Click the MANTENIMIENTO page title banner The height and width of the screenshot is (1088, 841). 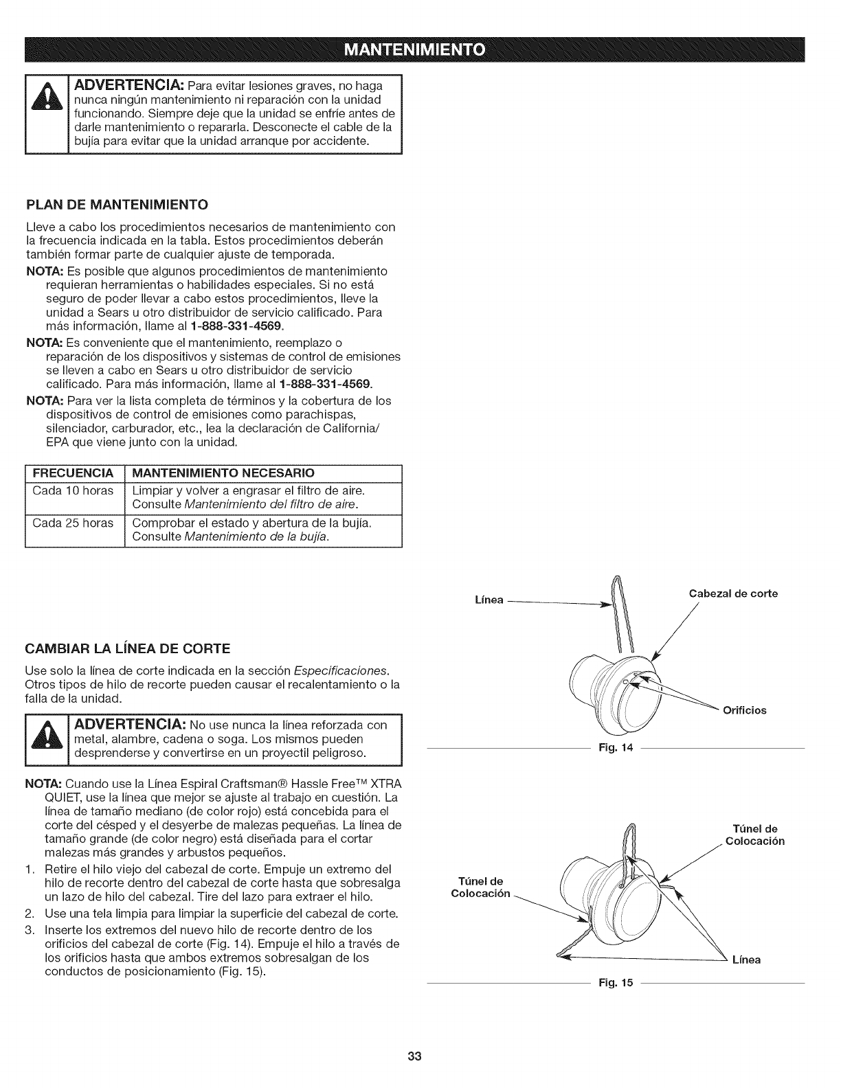coord(420,50)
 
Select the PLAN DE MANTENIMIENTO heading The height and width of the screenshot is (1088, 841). coord(117,205)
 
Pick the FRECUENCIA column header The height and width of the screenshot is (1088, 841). coord(73,473)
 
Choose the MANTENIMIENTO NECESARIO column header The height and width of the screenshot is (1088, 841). coord(223,473)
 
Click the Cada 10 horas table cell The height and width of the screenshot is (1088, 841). coord(73,490)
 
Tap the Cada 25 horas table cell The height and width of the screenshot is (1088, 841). coord(73,523)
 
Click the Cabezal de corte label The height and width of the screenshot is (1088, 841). coord(733,593)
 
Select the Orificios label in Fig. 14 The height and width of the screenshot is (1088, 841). coord(744,710)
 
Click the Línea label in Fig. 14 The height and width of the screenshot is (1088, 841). coord(489,600)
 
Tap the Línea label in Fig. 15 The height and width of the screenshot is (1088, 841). coord(748,960)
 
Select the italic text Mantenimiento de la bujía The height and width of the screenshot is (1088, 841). coord(256,536)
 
